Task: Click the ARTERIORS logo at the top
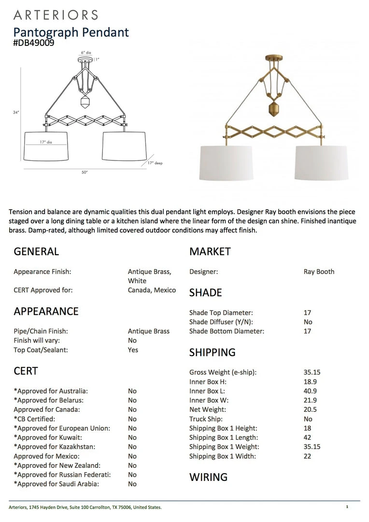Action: pyautogui.click(x=56, y=14)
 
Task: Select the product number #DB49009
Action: pyautogui.click(x=34, y=43)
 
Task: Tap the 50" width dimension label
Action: pyautogui.click(x=85, y=172)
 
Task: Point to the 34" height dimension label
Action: pyautogui.click(x=16, y=112)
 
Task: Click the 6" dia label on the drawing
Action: pyautogui.click(x=85, y=52)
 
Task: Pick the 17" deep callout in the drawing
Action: pyautogui.click(x=156, y=163)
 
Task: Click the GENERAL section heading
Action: pyautogui.click(x=36, y=251)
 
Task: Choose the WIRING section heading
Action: pyautogui.click(x=208, y=477)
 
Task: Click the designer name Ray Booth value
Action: pyautogui.click(x=319, y=272)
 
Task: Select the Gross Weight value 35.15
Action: pyautogui.click(x=312, y=372)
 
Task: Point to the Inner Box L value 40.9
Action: pyautogui.click(x=310, y=391)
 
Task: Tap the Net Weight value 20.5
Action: pyautogui.click(x=310, y=409)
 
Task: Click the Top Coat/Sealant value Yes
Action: pyautogui.click(x=133, y=350)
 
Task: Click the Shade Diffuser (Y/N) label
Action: pyautogui.click(x=221, y=322)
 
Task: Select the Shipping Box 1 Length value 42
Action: pyautogui.click(x=308, y=437)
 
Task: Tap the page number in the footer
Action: pyautogui.click(x=347, y=507)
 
